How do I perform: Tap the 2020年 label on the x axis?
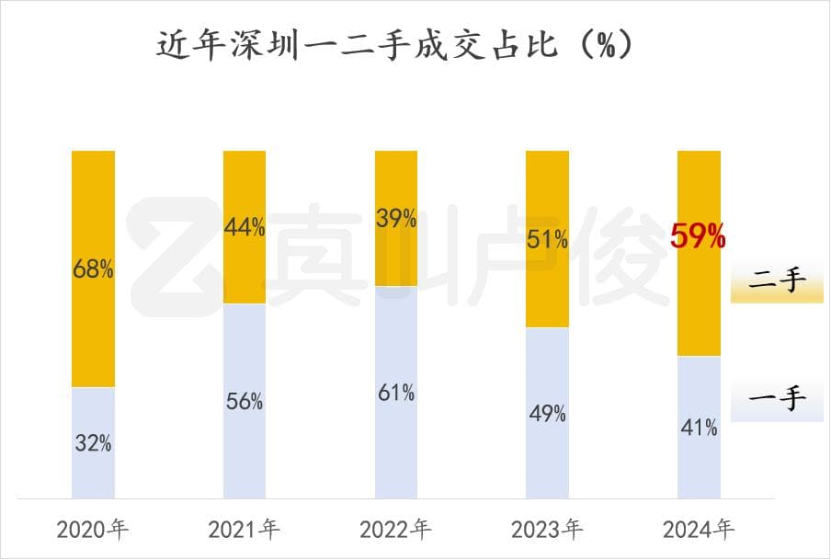(x=93, y=530)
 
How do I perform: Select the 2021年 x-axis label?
(x=245, y=530)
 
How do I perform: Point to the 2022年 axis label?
(x=395, y=530)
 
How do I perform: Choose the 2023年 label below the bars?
(x=547, y=530)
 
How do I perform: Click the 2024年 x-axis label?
(x=699, y=530)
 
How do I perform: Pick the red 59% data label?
(x=699, y=237)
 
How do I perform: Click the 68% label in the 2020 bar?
(x=93, y=270)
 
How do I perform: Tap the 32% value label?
(x=93, y=443)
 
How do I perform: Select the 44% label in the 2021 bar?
(x=245, y=227)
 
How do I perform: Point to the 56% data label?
(x=245, y=401)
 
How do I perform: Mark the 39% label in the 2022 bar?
(x=395, y=218)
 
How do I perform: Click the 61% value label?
(x=395, y=393)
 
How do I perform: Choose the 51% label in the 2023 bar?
(x=547, y=240)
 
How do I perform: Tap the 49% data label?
(x=547, y=414)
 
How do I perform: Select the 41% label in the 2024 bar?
(x=699, y=428)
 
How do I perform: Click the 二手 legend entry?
(x=778, y=282)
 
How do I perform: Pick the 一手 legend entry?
(x=778, y=400)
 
